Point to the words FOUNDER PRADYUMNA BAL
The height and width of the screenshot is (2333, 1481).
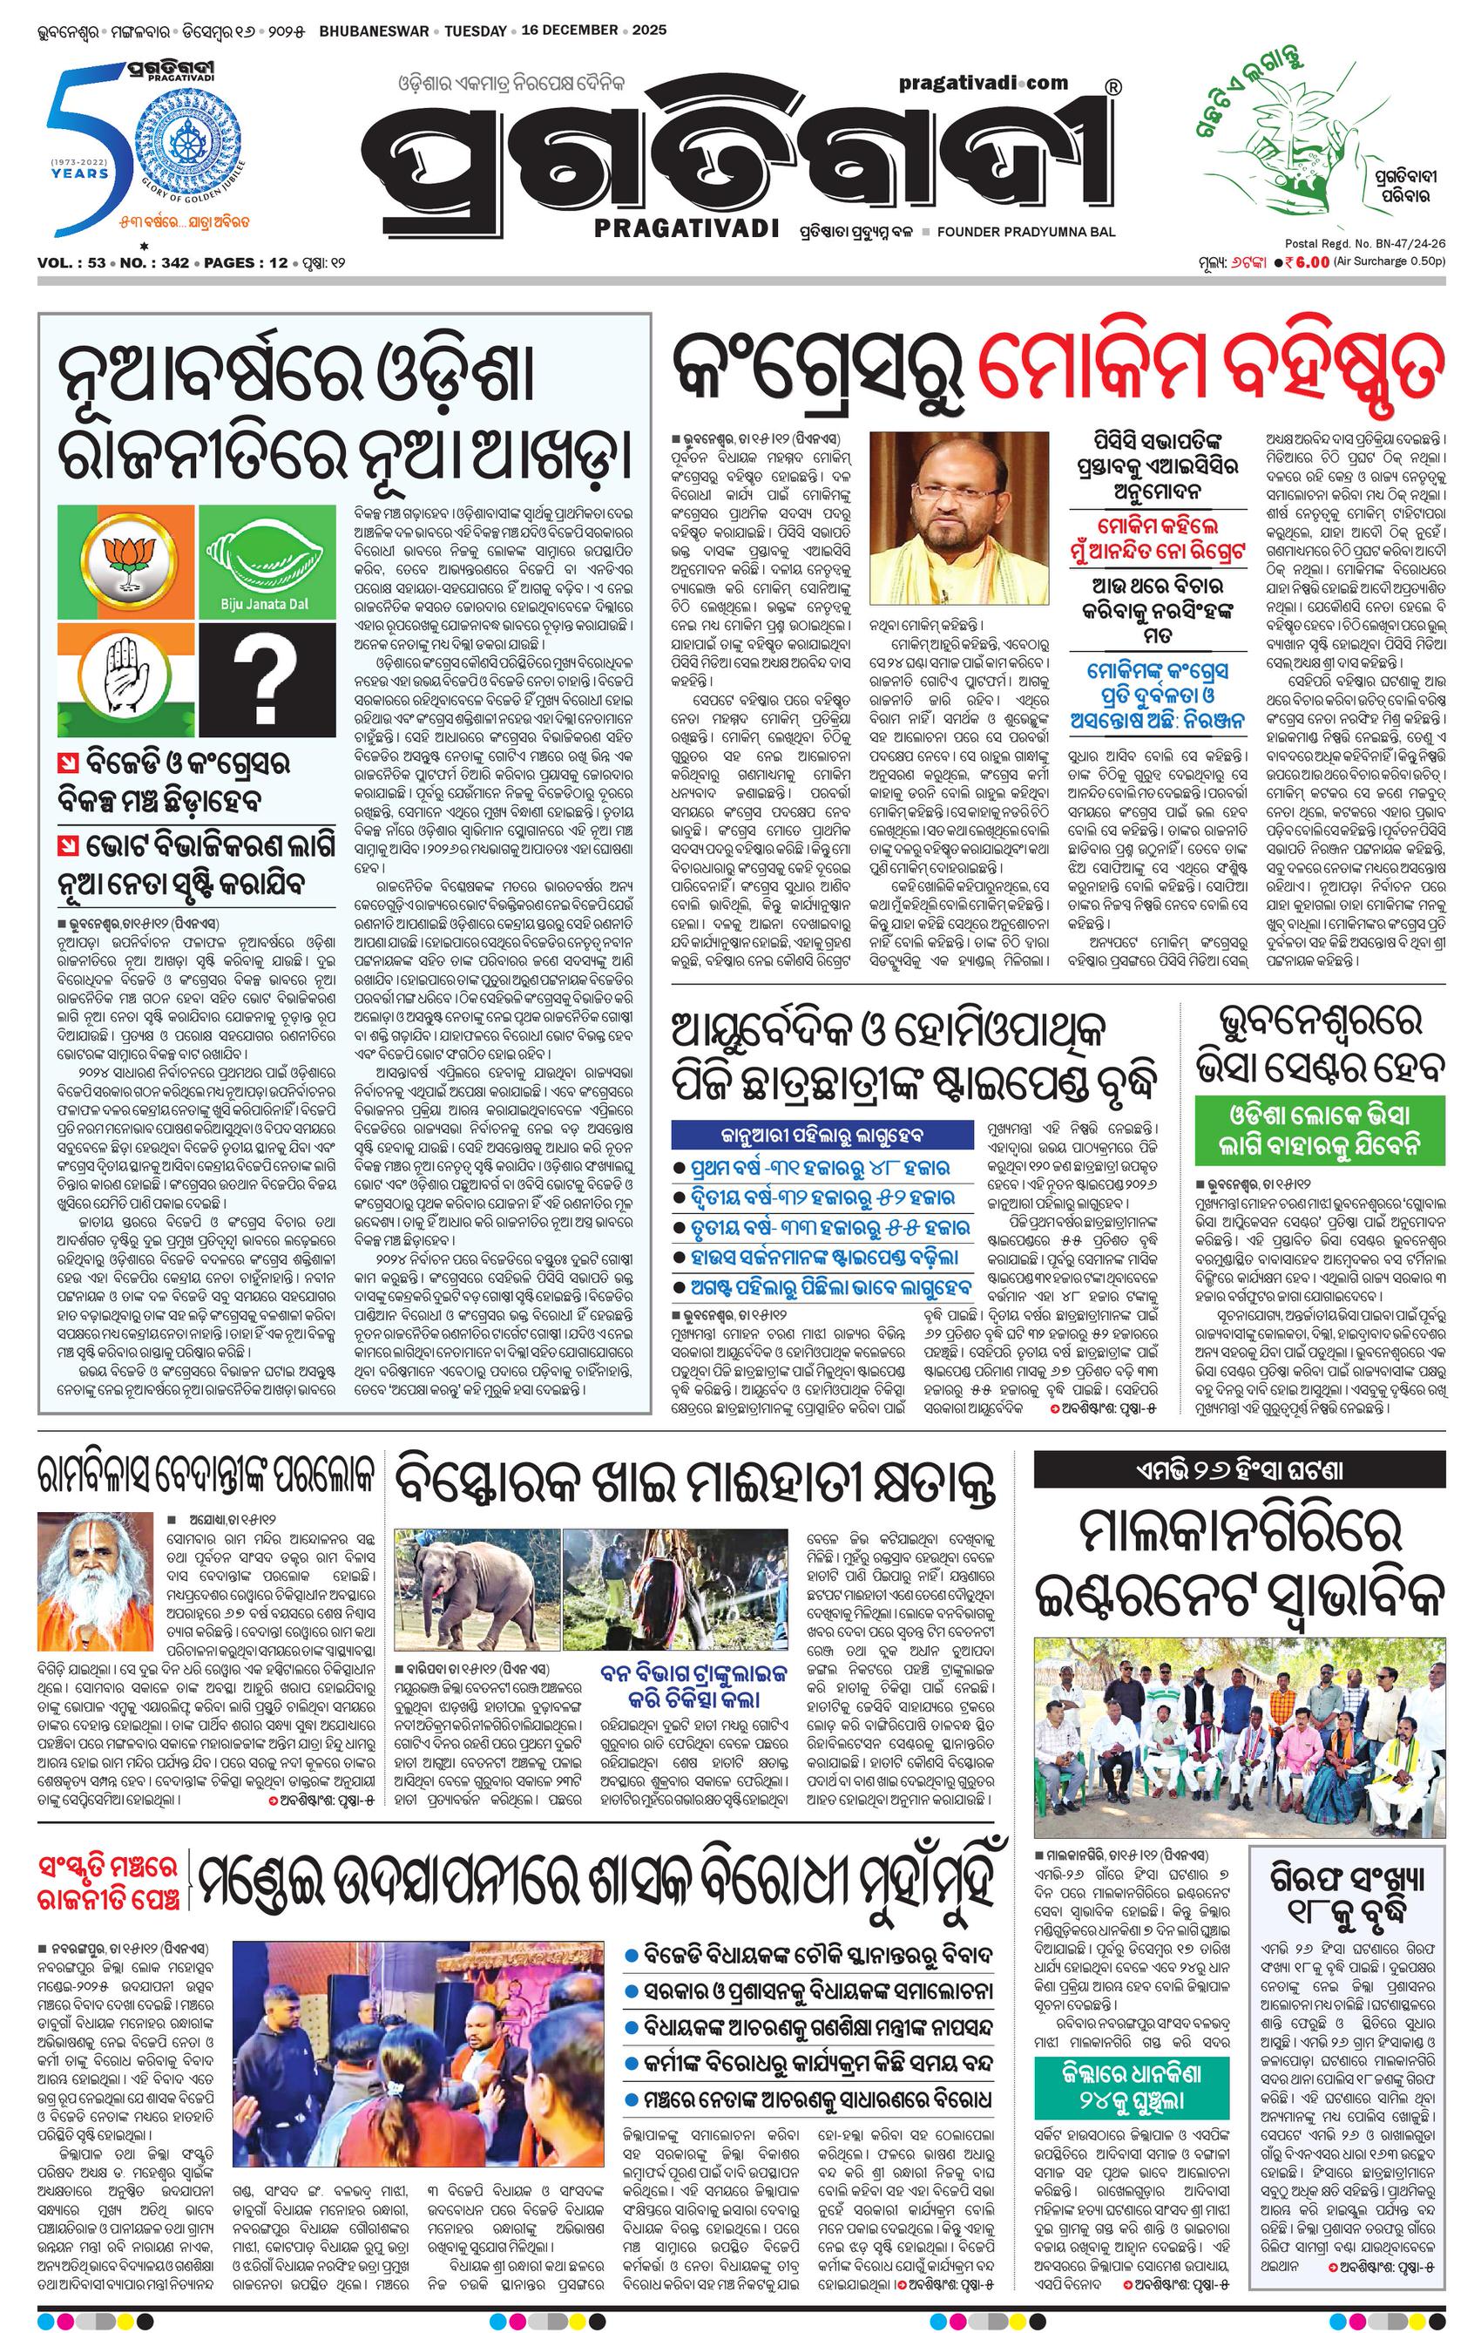(x=1027, y=233)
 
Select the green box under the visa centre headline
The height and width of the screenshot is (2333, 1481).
(x=1320, y=1128)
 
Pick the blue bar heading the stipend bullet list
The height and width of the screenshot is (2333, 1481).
(x=808, y=1135)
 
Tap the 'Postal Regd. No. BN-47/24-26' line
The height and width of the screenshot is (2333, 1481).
(x=1366, y=244)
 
